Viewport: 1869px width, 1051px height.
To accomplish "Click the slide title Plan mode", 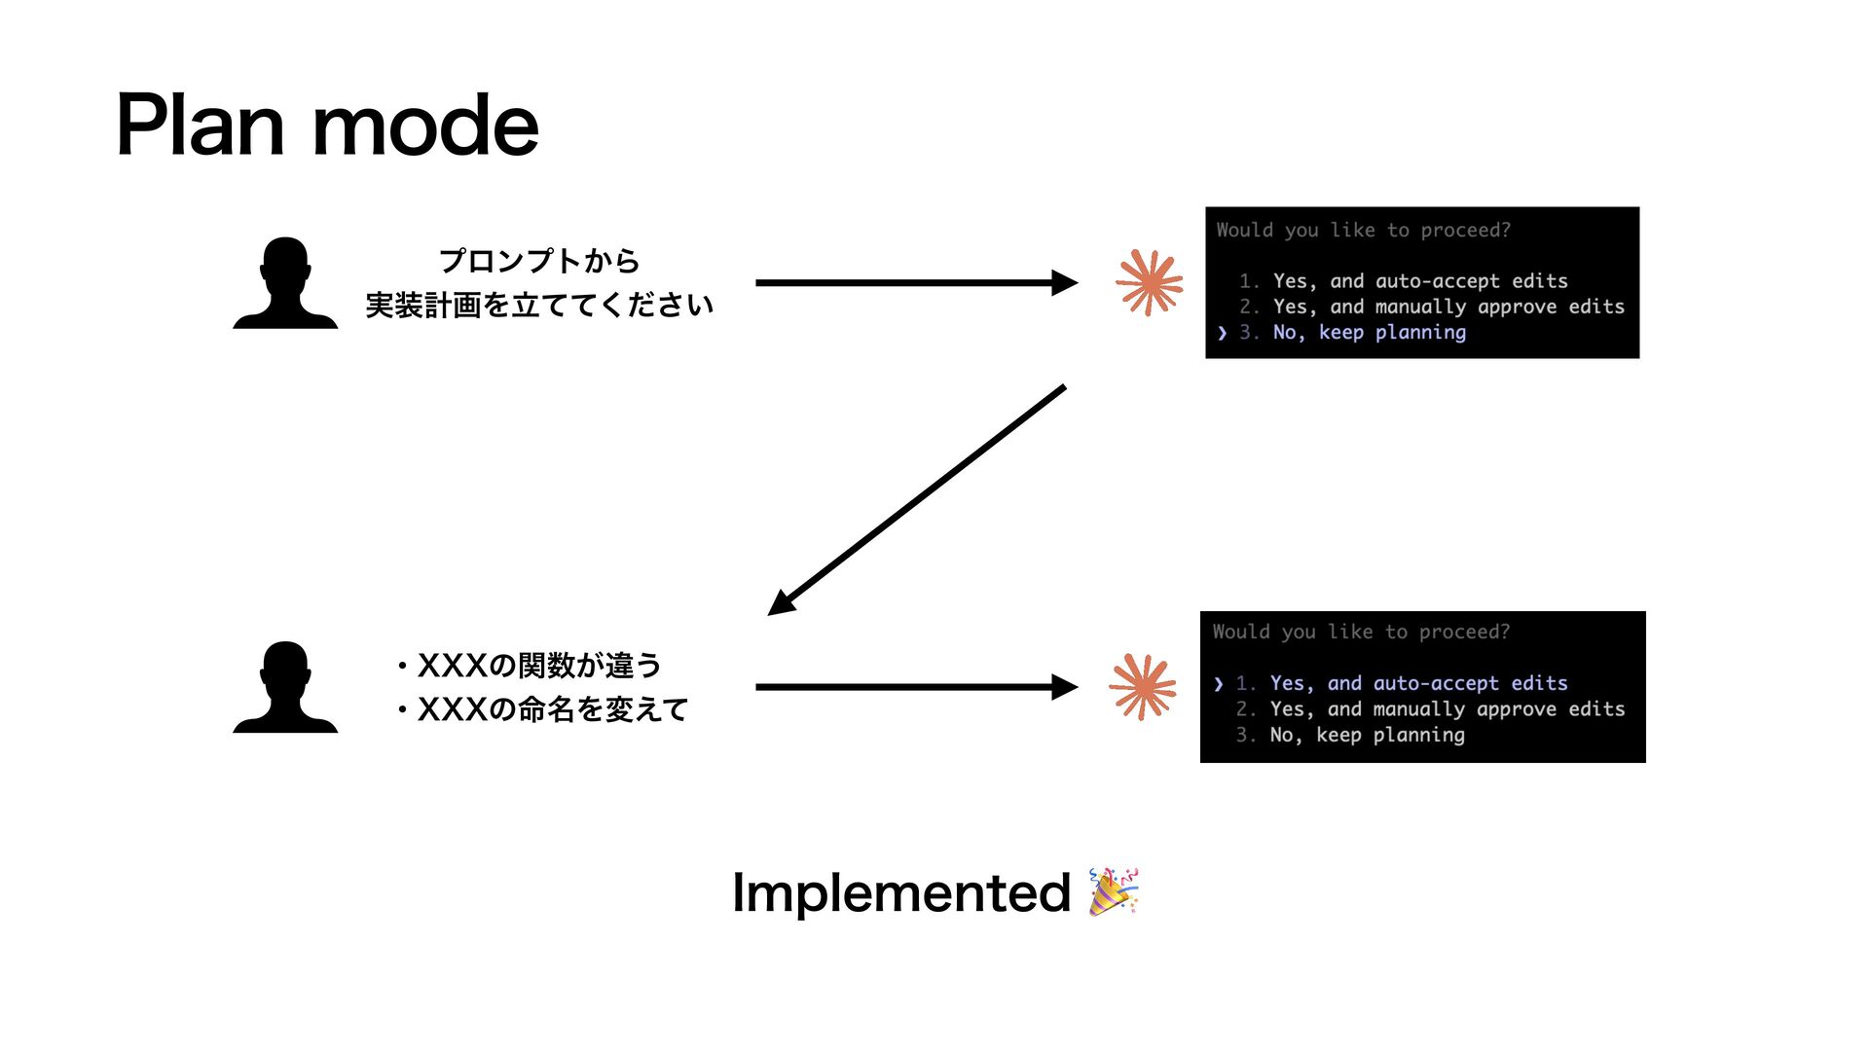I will (327, 126).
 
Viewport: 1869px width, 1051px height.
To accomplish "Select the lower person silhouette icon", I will (285, 687).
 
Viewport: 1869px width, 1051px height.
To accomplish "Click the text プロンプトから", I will (539, 261).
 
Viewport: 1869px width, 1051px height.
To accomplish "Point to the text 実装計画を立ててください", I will (539, 306).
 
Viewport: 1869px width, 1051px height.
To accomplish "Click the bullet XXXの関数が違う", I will (531, 666).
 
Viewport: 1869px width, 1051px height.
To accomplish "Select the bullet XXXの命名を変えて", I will (543, 709).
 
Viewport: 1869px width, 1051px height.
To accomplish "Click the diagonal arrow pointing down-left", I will (917, 500).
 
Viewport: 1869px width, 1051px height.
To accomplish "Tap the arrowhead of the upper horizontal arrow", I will (1065, 283).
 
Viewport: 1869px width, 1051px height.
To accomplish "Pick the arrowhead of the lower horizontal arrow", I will (1065, 687).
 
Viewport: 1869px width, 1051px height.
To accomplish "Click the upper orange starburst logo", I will (1150, 283).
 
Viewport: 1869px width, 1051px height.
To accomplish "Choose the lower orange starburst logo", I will (1143, 687).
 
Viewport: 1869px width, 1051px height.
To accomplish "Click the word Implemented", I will (900, 892).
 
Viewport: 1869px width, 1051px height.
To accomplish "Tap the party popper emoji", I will (1114, 891).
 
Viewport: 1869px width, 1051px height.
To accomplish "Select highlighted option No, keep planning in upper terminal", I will (1369, 333).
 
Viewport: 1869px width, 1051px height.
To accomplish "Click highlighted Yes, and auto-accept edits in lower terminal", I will (1418, 683).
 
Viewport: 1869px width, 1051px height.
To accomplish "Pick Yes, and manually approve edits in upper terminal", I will (1448, 307).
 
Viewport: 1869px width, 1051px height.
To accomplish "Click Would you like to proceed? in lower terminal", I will (1361, 632).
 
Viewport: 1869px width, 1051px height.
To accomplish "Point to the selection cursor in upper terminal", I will (1223, 333).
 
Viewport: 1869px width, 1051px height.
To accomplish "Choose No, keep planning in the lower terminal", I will (1367, 735).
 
